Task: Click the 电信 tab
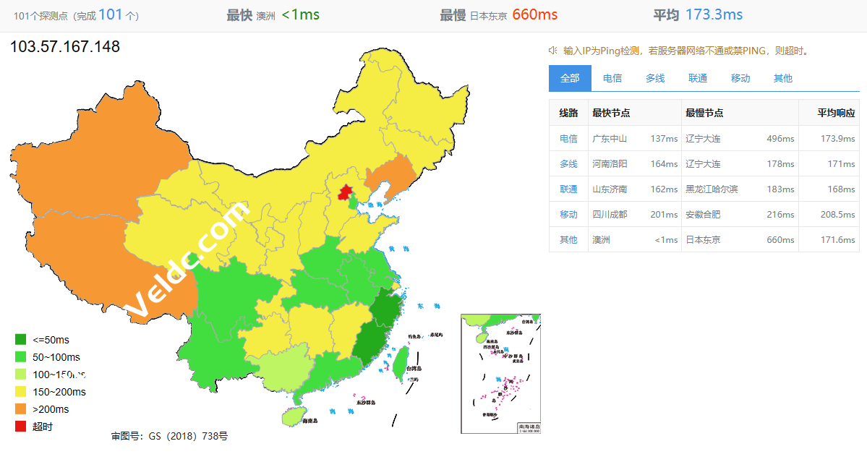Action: [x=612, y=78]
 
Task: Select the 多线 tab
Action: [x=655, y=78]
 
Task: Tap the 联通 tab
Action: [x=698, y=78]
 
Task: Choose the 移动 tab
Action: [x=740, y=78]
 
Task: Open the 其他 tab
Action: [x=783, y=78]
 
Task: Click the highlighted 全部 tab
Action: [x=570, y=78]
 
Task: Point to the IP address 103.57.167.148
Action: [x=65, y=48]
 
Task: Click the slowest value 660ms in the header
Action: [x=534, y=14]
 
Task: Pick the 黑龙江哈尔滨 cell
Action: [x=712, y=189]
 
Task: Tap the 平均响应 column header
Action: [x=836, y=114]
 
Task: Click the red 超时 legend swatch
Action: [x=21, y=427]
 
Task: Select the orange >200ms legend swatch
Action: [x=21, y=409]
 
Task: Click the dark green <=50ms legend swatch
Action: [x=21, y=340]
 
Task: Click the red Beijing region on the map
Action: [x=346, y=193]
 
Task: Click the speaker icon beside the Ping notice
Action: [x=552, y=51]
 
